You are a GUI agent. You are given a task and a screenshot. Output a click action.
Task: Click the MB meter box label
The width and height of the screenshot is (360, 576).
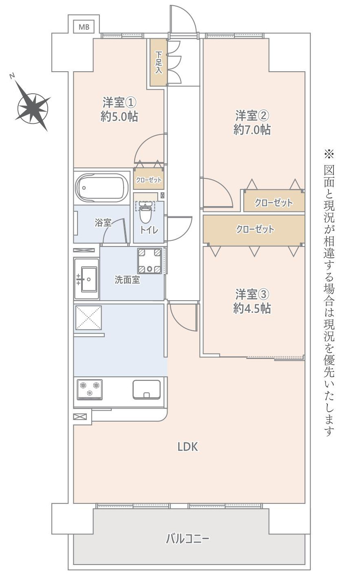click(84, 27)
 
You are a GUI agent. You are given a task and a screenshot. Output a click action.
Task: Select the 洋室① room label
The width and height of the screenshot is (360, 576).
click(119, 101)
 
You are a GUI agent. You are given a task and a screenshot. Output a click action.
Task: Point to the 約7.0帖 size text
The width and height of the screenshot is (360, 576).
click(252, 130)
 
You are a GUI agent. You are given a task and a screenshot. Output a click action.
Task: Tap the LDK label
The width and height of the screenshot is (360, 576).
click(188, 447)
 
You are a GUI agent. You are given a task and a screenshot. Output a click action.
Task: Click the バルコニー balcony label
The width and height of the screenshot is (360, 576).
click(188, 539)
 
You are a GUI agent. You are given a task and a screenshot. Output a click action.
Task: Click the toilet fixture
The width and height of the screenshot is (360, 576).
click(145, 211)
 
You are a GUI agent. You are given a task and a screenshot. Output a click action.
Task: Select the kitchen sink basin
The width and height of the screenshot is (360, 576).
click(146, 389)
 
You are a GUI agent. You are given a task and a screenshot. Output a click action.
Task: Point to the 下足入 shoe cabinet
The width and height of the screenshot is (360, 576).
click(159, 62)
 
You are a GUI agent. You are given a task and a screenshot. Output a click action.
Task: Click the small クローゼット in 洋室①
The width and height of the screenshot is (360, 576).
click(149, 180)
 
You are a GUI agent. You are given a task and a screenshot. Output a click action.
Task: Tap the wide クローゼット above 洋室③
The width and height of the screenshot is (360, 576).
click(254, 230)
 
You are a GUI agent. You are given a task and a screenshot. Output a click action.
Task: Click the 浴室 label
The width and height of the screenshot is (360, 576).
click(103, 223)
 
